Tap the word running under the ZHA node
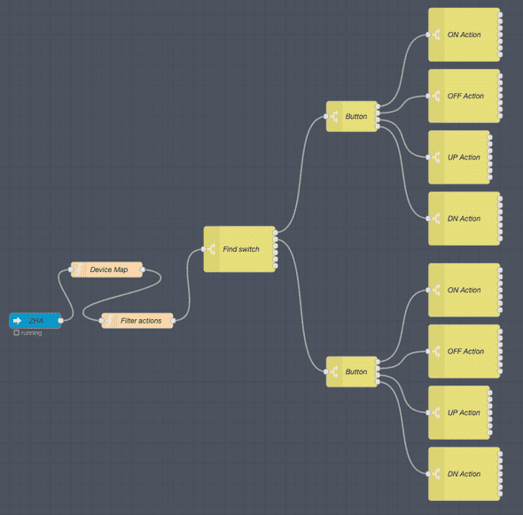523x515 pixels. (32, 333)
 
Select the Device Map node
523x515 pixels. (107, 269)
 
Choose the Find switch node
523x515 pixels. (240, 249)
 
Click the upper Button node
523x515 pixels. (354, 116)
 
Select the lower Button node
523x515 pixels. (354, 371)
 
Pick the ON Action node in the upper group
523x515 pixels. (464, 35)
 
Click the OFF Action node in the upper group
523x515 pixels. (464, 96)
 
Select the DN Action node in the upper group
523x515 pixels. (464, 218)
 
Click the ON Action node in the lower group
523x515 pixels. (464, 290)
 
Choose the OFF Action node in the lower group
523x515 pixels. (464, 351)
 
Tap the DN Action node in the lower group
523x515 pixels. (464, 473)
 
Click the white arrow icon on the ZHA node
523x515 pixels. (17, 320)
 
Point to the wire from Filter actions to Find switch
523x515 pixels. (189, 284)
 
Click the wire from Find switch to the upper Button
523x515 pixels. (301, 168)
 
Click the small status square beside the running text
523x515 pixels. (16, 333)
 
